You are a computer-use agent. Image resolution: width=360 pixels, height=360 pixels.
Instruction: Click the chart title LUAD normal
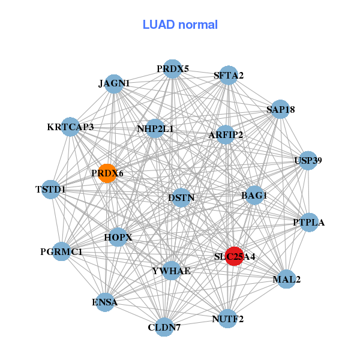(180, 25)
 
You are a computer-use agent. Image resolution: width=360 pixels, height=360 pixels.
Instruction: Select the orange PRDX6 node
(107, 173)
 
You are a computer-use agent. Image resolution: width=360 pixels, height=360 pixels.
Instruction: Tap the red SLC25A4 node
(233, 256)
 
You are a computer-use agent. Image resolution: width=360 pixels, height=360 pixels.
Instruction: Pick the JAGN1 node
(115, 83)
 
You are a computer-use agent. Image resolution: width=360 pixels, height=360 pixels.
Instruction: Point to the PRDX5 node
(173, 68)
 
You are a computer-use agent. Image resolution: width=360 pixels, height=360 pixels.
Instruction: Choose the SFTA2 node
(228, 75)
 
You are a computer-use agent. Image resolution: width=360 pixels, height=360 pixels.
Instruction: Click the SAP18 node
(280, 109)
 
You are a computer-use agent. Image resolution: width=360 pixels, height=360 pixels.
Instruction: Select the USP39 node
(308, 160)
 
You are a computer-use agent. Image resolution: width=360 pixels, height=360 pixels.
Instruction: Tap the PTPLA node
(309, 222)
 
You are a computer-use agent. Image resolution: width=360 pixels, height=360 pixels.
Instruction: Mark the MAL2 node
(286, 279)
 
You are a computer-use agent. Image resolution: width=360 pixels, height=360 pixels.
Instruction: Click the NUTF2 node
(228, 318)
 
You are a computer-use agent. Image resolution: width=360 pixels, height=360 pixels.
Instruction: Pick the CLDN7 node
(164, 327)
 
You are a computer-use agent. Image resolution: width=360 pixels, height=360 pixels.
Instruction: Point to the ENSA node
(105, 302)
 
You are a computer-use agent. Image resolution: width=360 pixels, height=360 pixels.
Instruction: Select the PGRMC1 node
(62, 251)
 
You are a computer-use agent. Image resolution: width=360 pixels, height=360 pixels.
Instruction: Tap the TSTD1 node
(51, 190)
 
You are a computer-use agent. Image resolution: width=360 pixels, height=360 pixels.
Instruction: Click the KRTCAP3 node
(70, 127)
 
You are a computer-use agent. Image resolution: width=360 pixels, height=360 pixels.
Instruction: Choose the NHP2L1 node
(155, 128)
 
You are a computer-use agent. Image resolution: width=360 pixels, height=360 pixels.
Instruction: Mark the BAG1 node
(254, 195)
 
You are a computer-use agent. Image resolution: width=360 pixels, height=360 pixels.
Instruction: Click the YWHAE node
(171, 271)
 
